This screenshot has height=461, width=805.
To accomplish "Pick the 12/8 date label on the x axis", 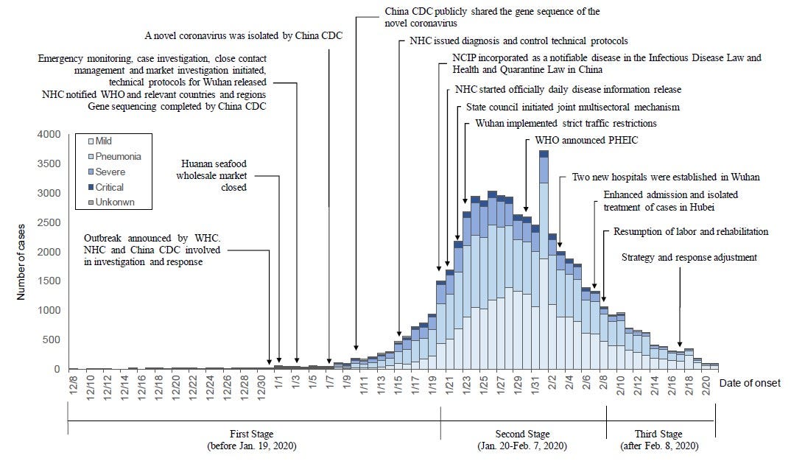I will tap(73, 384).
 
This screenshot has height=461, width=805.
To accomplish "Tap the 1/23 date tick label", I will tap(466, 384).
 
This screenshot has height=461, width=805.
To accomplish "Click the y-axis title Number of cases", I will tap(21, 253).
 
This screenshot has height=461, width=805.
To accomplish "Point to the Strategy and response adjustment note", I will tap(689, 258).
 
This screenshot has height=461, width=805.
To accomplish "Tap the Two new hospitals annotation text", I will tap(666, 177).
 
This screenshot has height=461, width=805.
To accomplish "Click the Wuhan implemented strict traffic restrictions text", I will tap(566, 123).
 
